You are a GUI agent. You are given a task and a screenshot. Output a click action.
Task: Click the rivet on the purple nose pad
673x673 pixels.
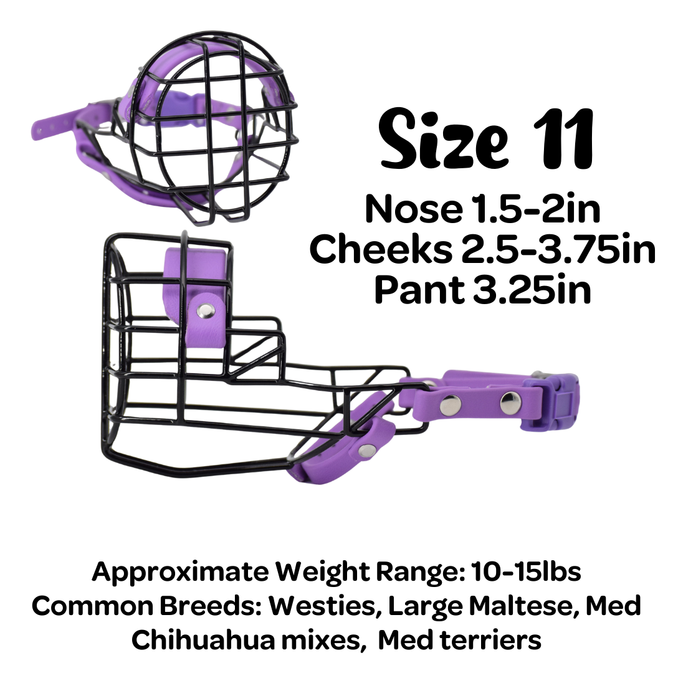pyautogui.click(x=203, y=310)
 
